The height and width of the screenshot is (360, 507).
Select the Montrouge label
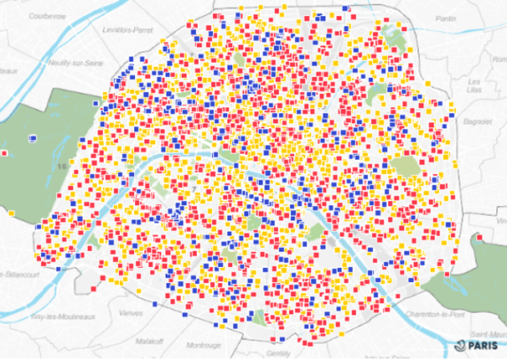[203, 345]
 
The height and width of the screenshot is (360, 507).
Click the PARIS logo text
[482, 345]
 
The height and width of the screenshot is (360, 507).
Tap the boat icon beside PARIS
[461, 344]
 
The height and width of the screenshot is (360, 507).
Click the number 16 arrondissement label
[61, 167]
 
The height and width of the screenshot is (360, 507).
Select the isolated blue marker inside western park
[33, 137]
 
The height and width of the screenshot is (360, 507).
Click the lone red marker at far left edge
[5, 153]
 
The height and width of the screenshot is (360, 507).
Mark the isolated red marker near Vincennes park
[478, 239]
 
